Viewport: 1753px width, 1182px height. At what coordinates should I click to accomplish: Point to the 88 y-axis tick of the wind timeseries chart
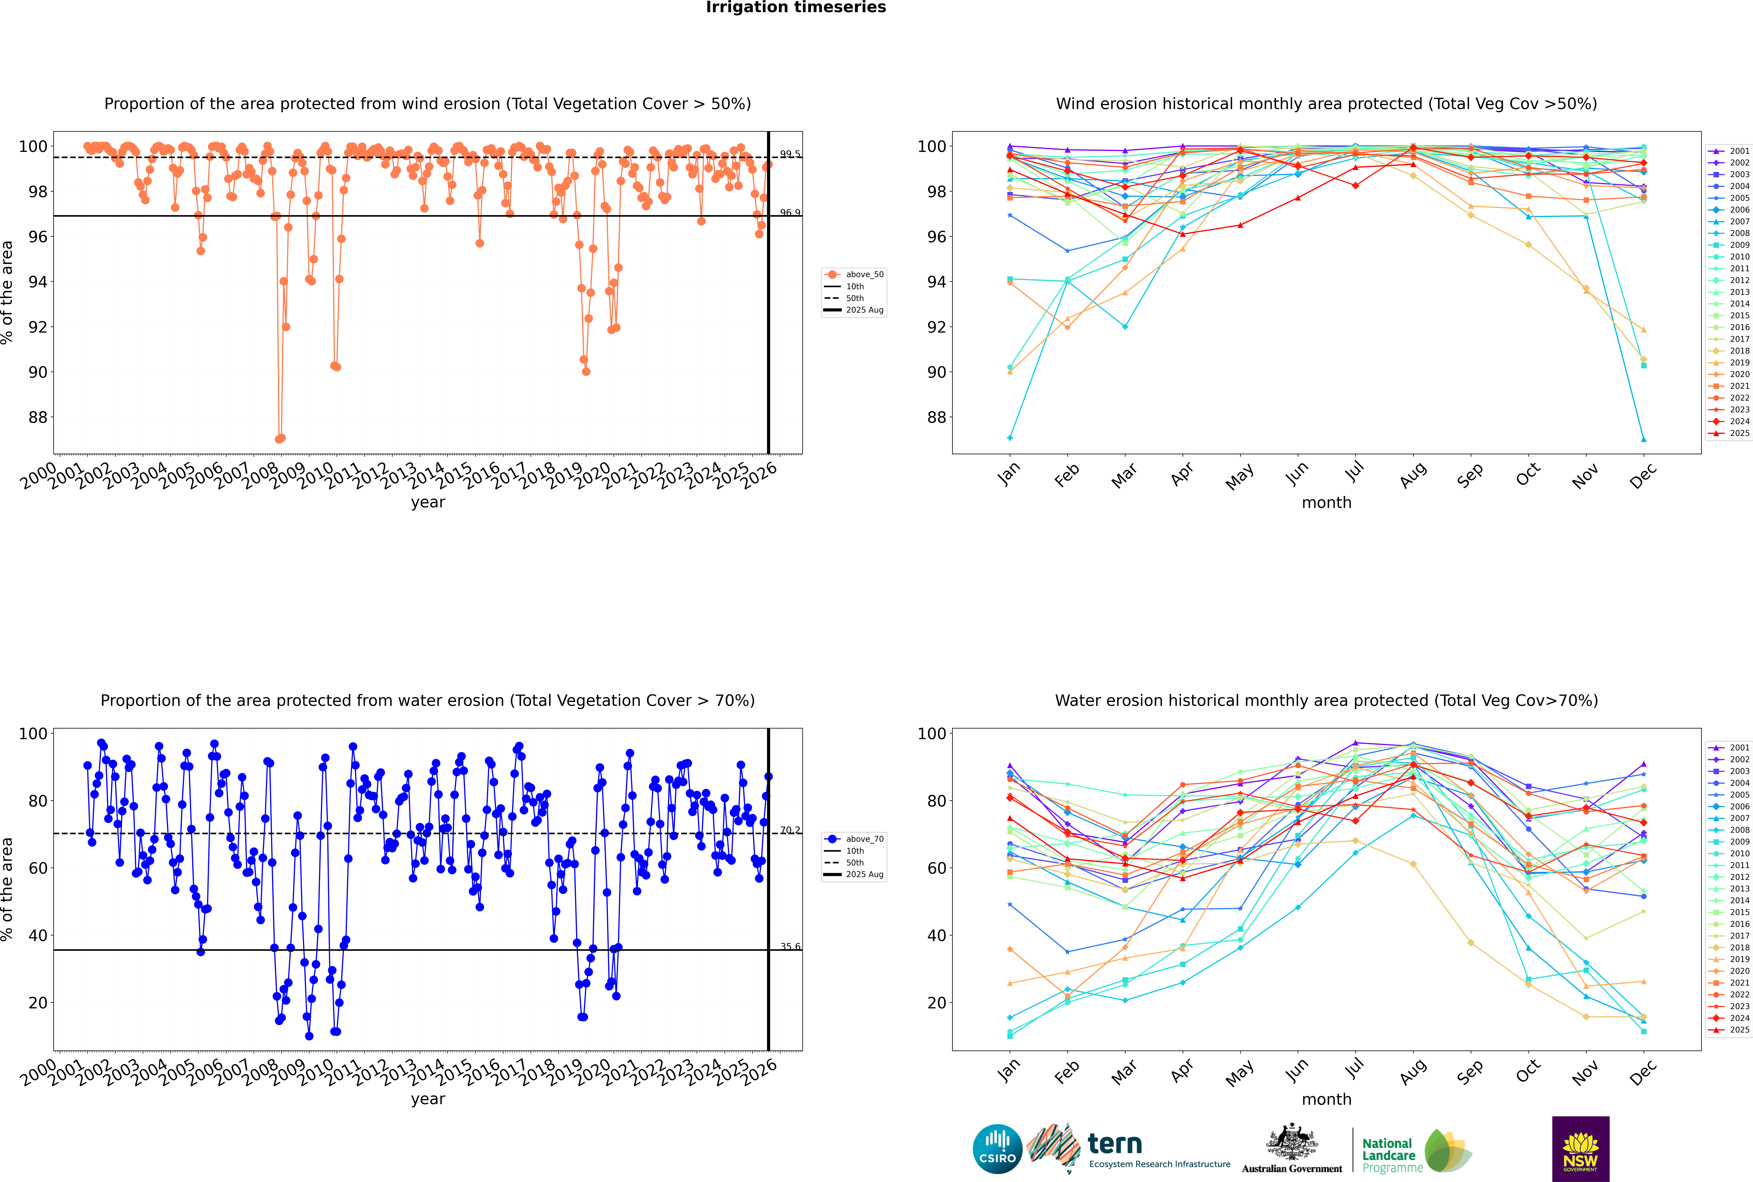[x=38, y=417]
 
